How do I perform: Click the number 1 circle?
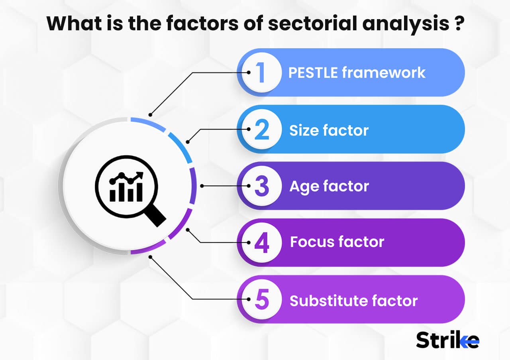click(x=261, y=73)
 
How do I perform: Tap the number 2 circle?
click(x=261, y=130)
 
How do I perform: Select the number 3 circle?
click(x=261, y=186)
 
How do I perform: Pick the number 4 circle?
click(x=261, y=243)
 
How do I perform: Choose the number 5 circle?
click(x=261, y=300)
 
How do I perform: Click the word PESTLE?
click(x=312, y=73)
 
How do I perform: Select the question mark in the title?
click(x=458, y=24)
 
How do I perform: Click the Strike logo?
click(x=447, y=340)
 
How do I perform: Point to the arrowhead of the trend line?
click(x=140, y=175)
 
